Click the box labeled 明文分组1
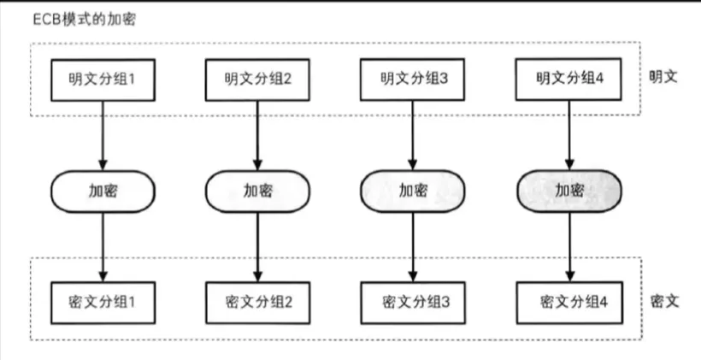pos(103,79)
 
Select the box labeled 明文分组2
pos(257,79)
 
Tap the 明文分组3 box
pos(414,79)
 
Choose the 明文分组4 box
pos(569,79)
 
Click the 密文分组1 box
pos(103,301)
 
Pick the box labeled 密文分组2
pos(257,301)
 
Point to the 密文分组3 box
pos(414,301)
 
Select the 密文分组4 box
pos(569,301)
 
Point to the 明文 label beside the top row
pos(663,75)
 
